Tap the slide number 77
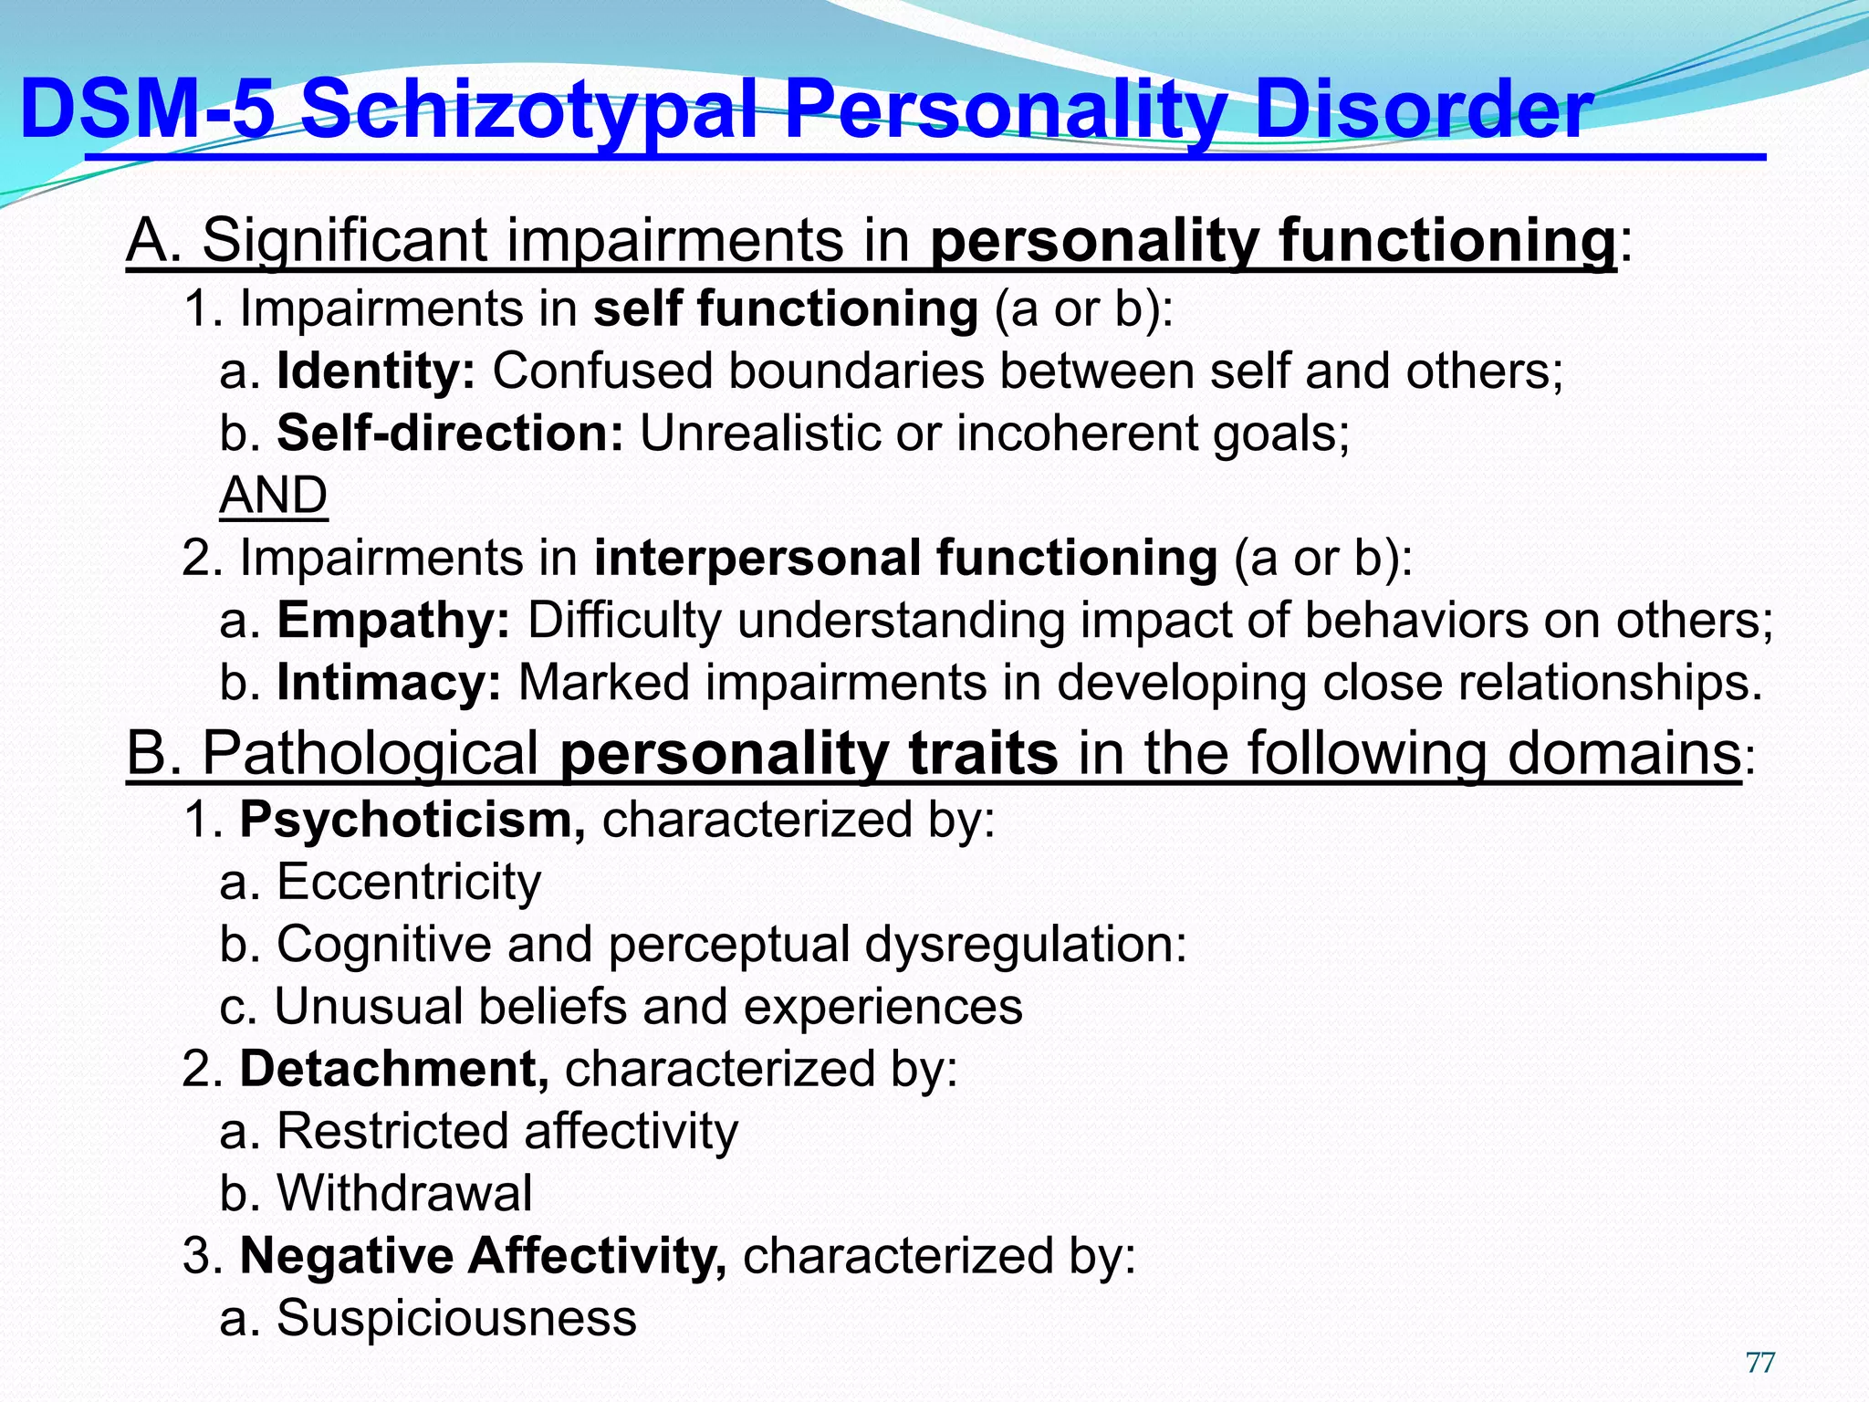[1759, 1363]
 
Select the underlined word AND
[273, 496]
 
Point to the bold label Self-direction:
[450, 434]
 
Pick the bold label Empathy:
[393, 621]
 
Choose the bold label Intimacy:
[389, 683]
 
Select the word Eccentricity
[409, 883]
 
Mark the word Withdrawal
[404, 1193]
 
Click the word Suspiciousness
[456, 1318]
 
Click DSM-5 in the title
[146, 111]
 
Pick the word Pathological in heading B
[370, 754]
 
